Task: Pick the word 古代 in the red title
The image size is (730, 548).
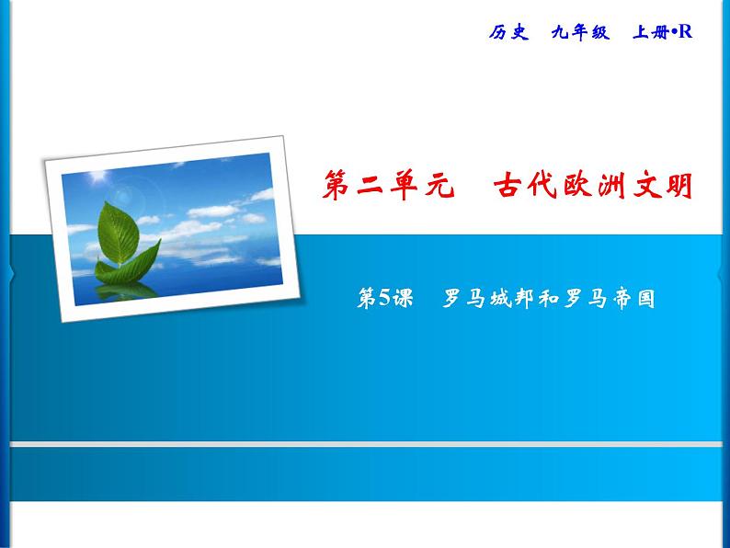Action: (x=519, y=187)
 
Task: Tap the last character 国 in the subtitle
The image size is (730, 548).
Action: (x=644, y=298)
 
